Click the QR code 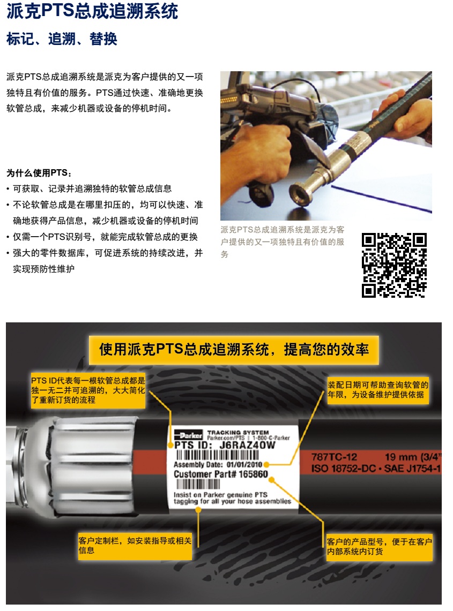tap(393, 265)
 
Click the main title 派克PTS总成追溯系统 tap(92, 11)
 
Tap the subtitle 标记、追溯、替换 tap(62, 39)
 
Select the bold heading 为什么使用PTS tap(39, 173)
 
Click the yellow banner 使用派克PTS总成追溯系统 tap(234, 350)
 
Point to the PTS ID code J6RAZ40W tap(247, 445)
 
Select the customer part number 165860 tap(253, 474)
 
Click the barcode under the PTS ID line tap(217, 455)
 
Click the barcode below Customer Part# tap(198, 484)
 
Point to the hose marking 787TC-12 tap(334, 457)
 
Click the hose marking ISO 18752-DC tap(343, 469)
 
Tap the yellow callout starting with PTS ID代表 tap(88, 390)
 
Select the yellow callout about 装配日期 tap(378, 390)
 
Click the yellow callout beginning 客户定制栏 tap(135, 546)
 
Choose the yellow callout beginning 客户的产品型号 tap(379, 547)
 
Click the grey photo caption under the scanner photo tap(283, 242)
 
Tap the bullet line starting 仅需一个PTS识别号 tap(106, 237)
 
